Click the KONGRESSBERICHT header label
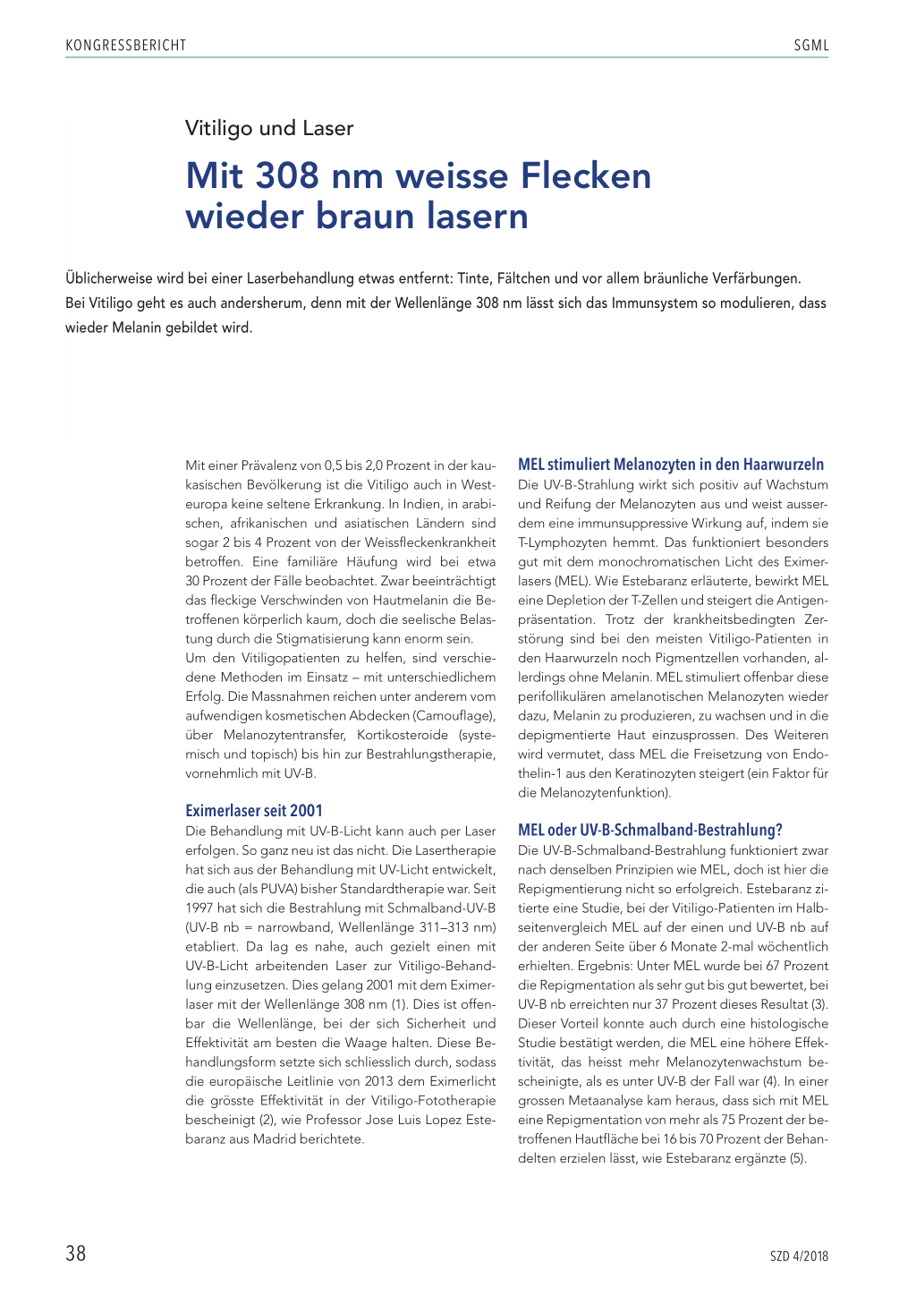coord(126,46)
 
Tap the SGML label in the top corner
coord(811,46)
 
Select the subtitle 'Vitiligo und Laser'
coord(269,128)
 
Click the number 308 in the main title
coord(286,175)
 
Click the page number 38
coord(76,1253)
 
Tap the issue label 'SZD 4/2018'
coord(799,1256)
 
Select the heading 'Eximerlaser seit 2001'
coord(254,811)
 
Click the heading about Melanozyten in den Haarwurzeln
coord(671,465)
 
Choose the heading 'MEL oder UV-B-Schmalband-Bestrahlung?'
coord(650,830)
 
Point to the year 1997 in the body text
coord(200,908)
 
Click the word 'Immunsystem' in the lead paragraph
coord(648,303)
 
